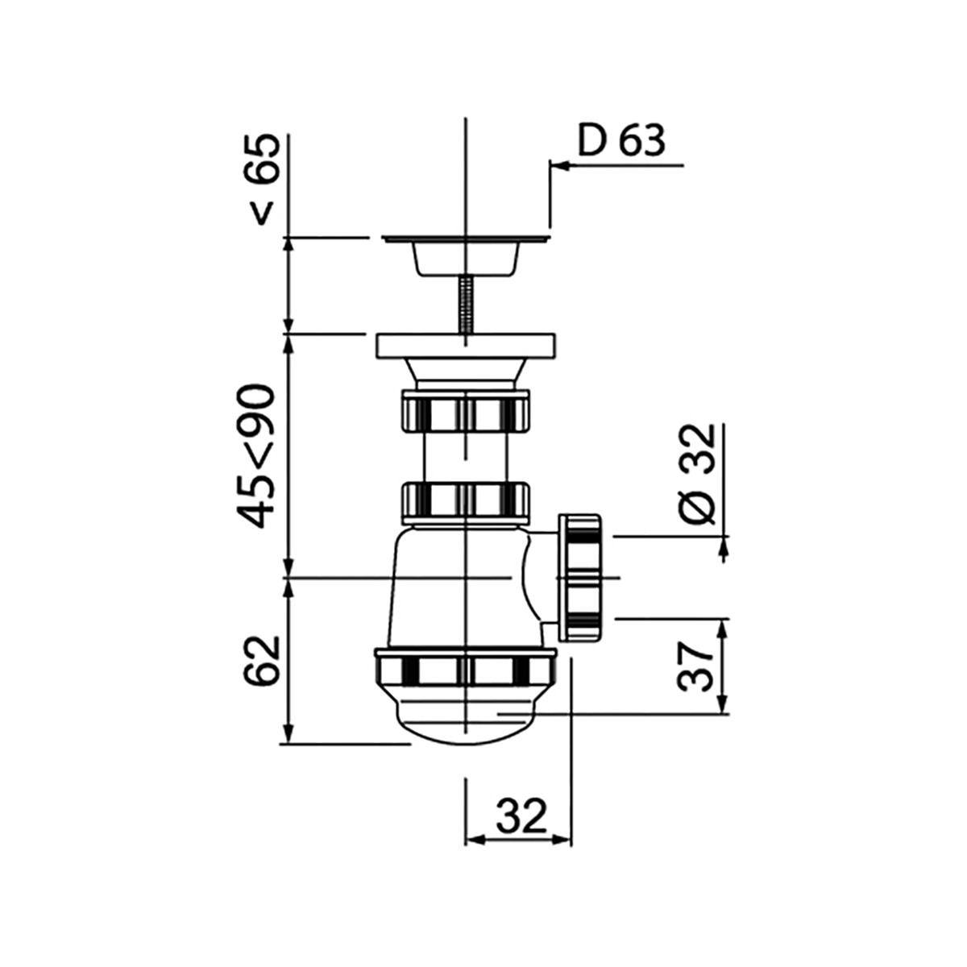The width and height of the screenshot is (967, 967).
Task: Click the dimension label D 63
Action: point(621,141)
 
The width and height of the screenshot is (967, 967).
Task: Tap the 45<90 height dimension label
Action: point(260,456)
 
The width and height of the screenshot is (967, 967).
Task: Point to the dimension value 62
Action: point(262,660)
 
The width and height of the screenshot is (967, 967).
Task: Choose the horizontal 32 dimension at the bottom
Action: point(521,816)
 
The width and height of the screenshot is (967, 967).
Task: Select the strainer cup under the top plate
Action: point(466,259)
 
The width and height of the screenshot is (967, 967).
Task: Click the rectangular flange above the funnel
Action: point(466,346)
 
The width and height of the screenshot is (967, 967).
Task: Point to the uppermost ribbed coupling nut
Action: point(466,412)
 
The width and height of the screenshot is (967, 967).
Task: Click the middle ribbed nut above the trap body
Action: point(466,503)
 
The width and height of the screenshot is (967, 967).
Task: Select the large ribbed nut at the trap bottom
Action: point(466,668)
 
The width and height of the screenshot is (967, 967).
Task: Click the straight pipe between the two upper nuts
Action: point(466,458)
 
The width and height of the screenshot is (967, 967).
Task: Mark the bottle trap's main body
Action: point(451,584)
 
